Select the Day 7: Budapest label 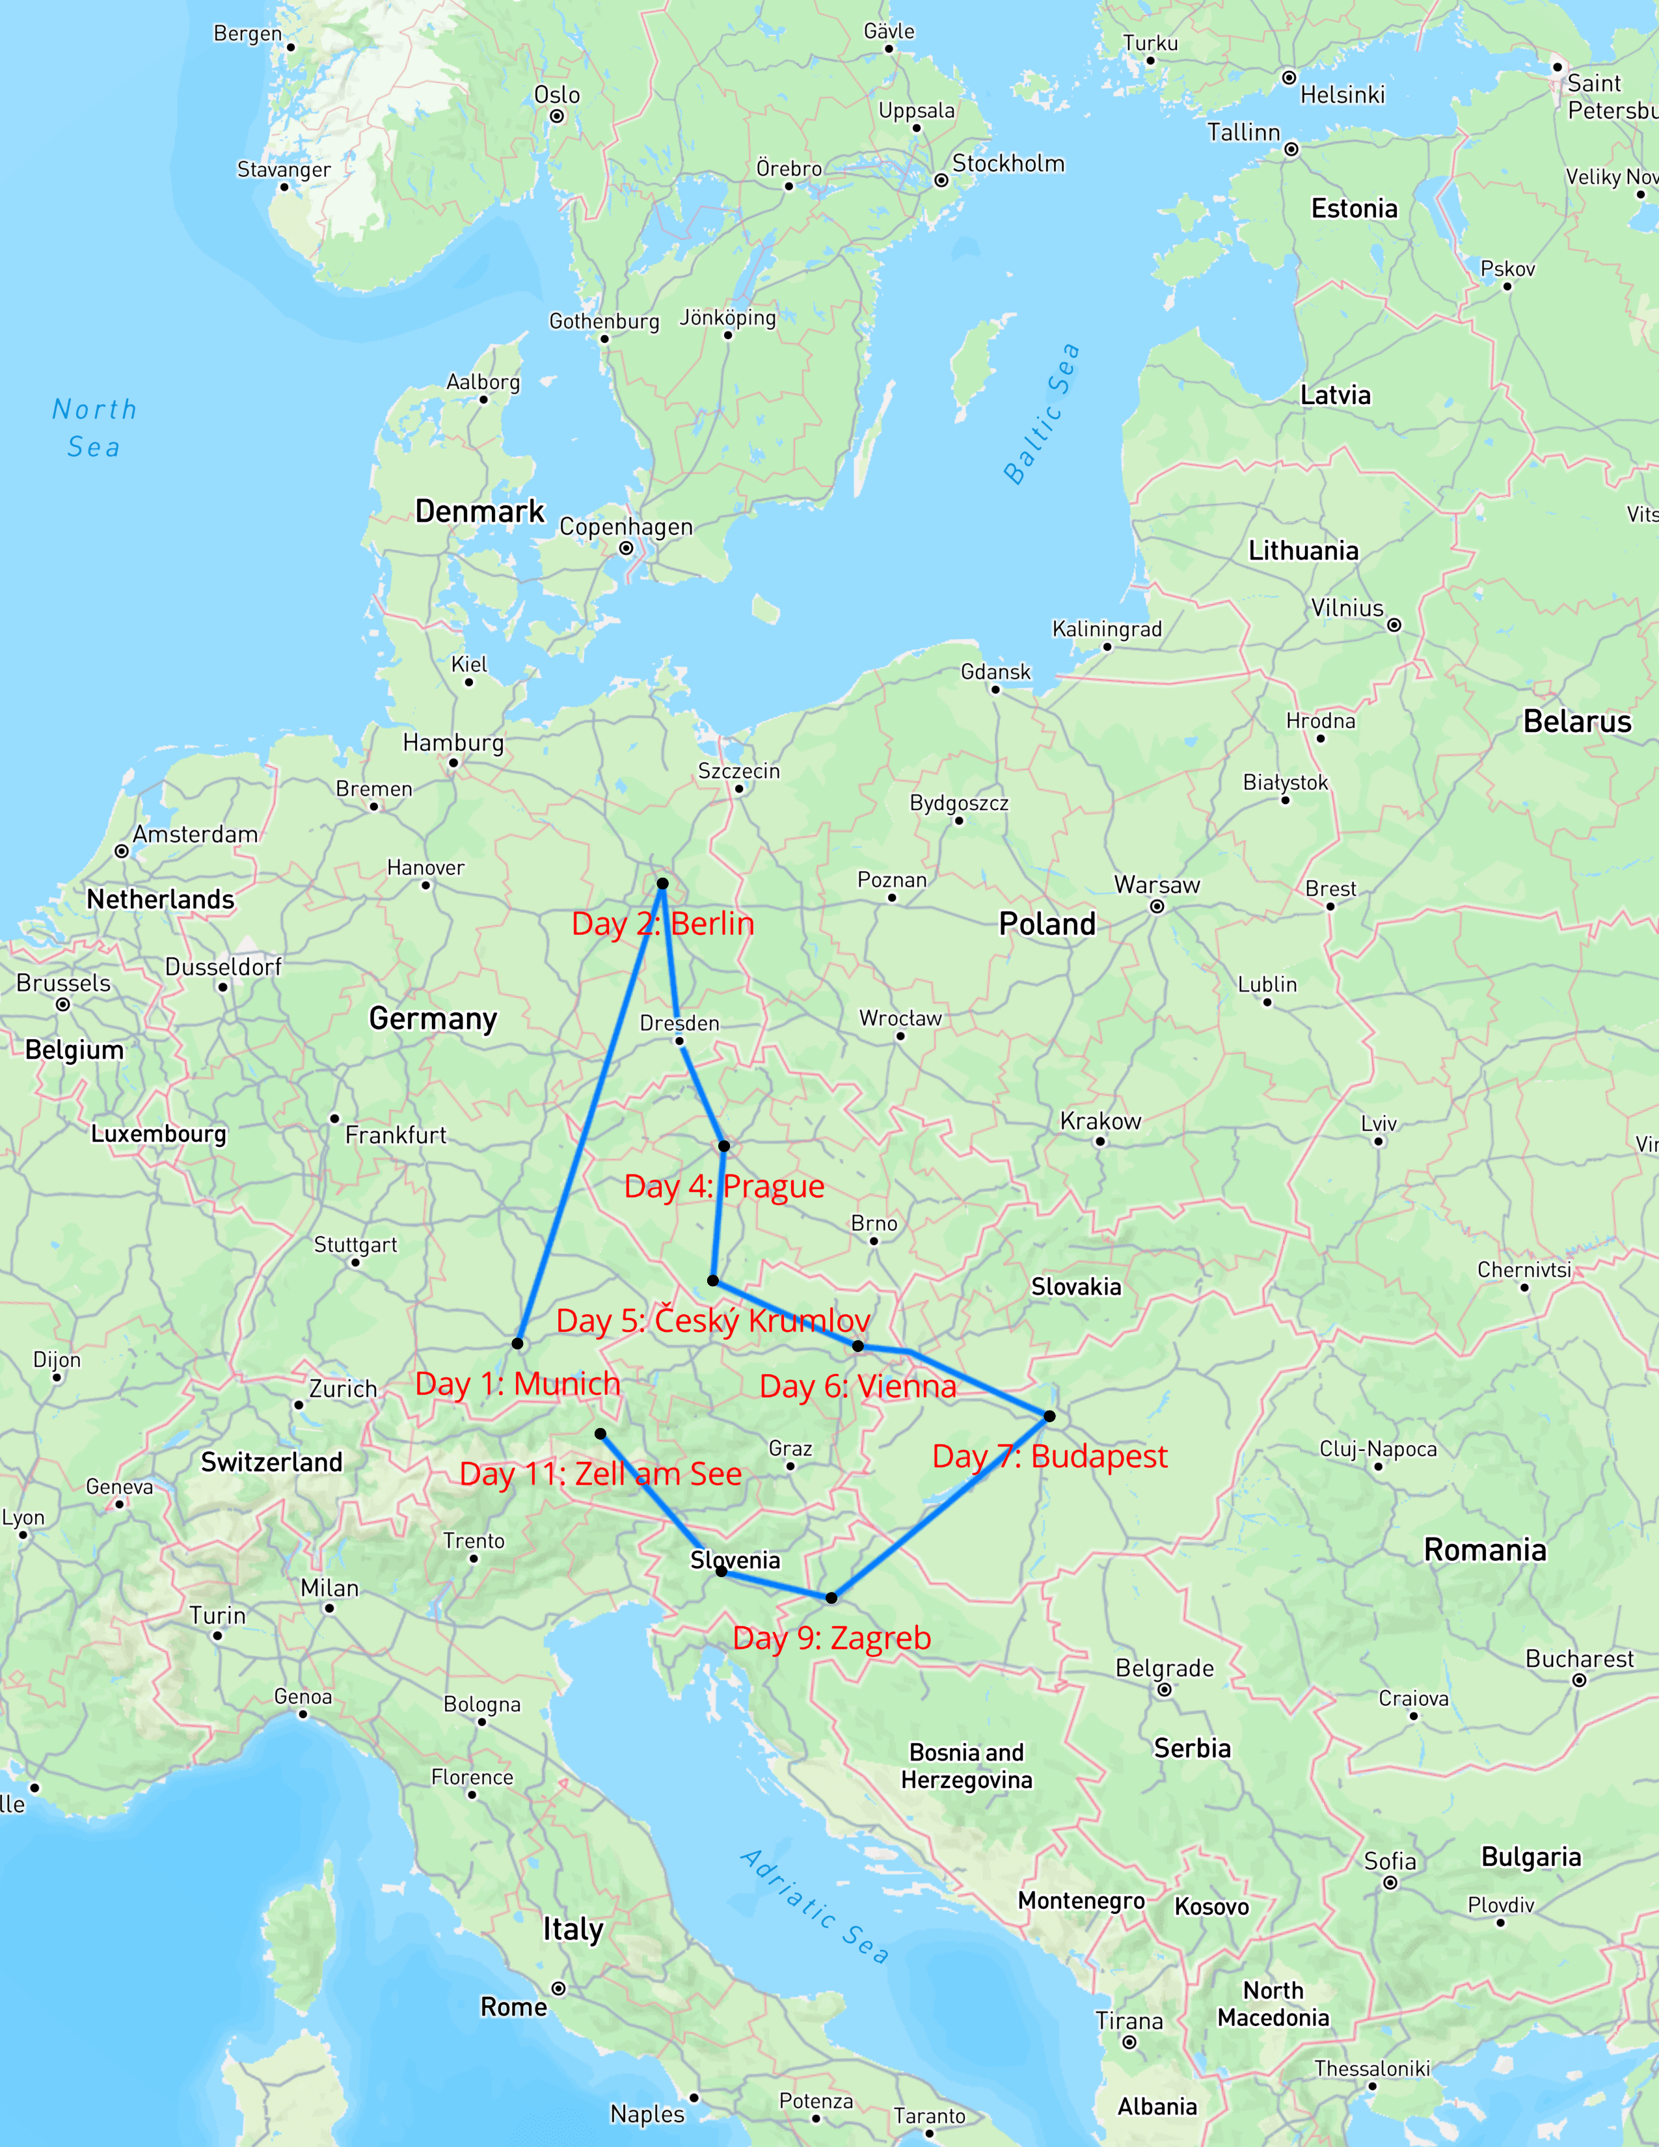[x=1049, y=1456]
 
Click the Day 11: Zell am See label [x=600, y=1474]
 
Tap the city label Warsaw [x=1157, y=885]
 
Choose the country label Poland [x=1047, y=924]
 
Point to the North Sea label [x=94, y=427]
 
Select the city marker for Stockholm [x=941, y=181]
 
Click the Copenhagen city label [x=626, y=527]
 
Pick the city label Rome [x=513, y=2007]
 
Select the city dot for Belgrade [x=1165, y=1690]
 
